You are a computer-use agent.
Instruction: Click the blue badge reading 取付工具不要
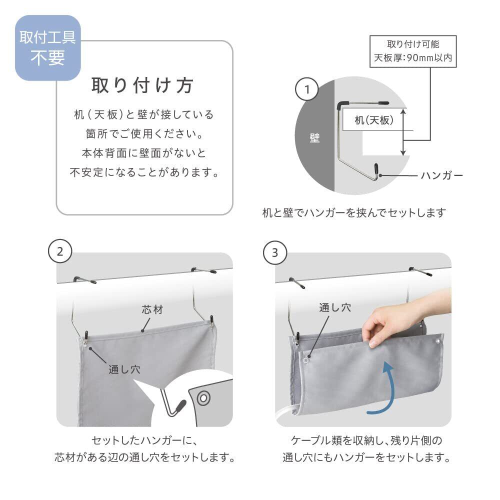pyautogui.click(x=48, y=48)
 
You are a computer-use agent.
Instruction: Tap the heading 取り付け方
pyautogui.click(x=142, y=85)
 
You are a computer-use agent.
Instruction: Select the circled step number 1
pyautogui.click(x=307, y=89)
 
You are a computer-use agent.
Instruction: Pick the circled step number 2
pyautogui.click(x=60, y=251)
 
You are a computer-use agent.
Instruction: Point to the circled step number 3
pyautogui.click(x=275, y=252)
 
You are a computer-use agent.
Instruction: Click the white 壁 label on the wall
pyautogui.click(x=314, y=138)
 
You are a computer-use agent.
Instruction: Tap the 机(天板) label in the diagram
pyautogui.click(x=374, y=120)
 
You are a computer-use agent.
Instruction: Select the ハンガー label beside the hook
pyautogui.click(x=442, y=175)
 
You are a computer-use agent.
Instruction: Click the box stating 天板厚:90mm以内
pyautogui.click(x=413, y=51)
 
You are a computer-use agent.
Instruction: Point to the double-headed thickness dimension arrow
pyautogui.click(x=403, y=132)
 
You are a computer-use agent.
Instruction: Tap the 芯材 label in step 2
pyautogui.click(x=152, y=309)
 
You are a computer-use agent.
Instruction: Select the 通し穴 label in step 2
pyautogui.click(x=124, y=369)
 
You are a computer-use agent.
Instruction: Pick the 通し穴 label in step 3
pyautogui.click(x=335, y=307)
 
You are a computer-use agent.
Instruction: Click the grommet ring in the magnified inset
pyautogui.click(x=203, y=398)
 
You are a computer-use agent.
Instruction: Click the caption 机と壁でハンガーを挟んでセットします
pyautogui.click(x=354, y=212)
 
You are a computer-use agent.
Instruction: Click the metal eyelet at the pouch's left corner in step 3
pyautogui.click(x=306, y=360)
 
